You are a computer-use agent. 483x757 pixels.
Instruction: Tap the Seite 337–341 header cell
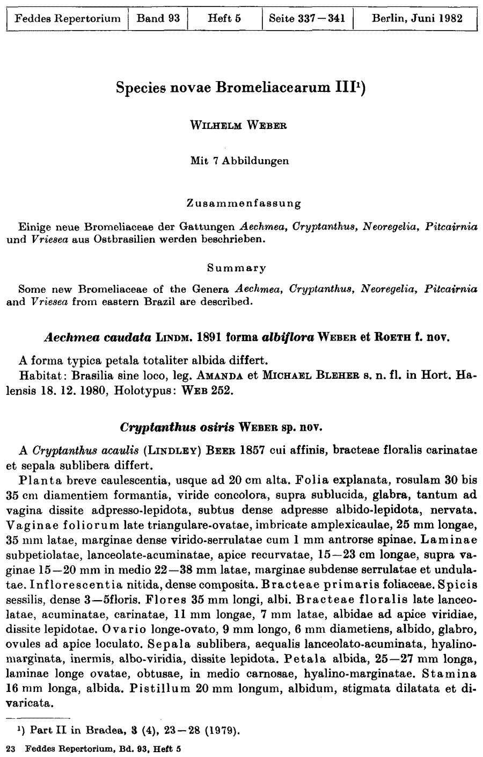[306, 18]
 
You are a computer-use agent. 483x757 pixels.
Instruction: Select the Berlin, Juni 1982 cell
[416, 18]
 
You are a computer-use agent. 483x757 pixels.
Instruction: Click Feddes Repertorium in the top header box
[68, 18]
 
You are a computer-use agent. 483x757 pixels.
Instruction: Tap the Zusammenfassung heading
[244, 204]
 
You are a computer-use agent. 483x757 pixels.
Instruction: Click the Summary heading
[237, 267]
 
